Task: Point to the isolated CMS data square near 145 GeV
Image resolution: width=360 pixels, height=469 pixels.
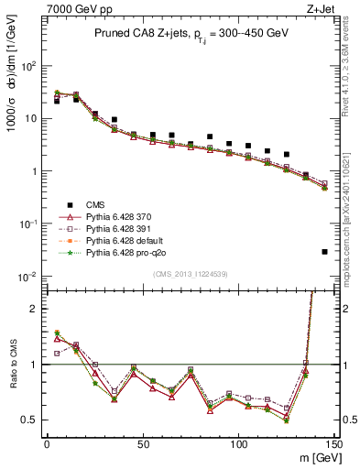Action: point(325,252)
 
